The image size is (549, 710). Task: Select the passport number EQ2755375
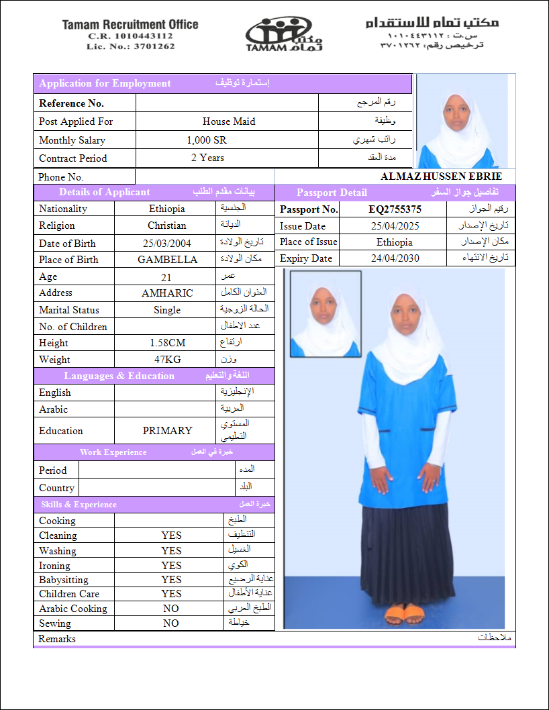point(395,209)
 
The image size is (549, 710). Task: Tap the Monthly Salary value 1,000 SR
point(207,140)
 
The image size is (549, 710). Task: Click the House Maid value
point(229,121)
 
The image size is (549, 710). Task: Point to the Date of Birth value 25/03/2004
point(167,244)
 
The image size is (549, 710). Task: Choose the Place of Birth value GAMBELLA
point(167,260)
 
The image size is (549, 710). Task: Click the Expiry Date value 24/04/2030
point(395,258)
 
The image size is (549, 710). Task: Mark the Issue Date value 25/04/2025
point(395,226)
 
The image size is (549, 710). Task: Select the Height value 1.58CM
point(167,343)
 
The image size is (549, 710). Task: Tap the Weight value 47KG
point(167,360)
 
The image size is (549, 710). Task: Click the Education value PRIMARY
point(167,431)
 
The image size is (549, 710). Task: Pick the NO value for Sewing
point(171,623)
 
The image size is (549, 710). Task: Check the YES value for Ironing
point(171,566)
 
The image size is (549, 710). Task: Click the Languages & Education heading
point(119,376)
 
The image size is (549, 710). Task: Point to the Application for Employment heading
point(105,84)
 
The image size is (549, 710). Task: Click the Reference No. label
point(71,103)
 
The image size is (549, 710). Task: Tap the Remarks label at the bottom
point(57,639)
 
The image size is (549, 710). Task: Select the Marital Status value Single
point(167,310)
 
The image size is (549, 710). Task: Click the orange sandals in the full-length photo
point(405,614)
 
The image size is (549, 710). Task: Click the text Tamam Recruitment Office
point(130,25)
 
